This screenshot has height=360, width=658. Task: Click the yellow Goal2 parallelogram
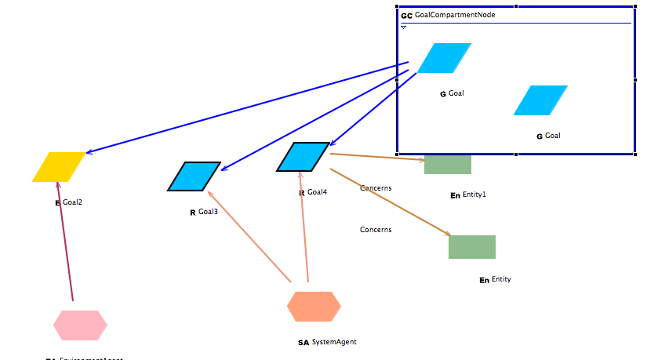click(59, 166)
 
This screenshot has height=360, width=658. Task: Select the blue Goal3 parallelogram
click(194, 176)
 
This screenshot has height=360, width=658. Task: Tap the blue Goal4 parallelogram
click(303, 157)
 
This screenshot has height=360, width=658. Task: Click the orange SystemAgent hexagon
click(314, 307)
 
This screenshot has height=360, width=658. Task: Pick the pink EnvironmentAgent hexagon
click(80, 325)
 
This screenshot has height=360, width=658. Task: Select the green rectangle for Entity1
click(448, 165)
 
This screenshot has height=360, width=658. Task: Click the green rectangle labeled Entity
click(472, 247)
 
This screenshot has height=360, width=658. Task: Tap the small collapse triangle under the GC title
click(404, 27)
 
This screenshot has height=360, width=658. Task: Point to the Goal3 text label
click(208, 212)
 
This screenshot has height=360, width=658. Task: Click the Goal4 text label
click(317, 192)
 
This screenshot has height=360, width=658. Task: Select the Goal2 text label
click(72, 202)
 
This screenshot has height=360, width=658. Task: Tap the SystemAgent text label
click(334, 342)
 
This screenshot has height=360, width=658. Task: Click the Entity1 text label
click(474, 195)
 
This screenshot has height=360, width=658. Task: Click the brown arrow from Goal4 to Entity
click(392, 195)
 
